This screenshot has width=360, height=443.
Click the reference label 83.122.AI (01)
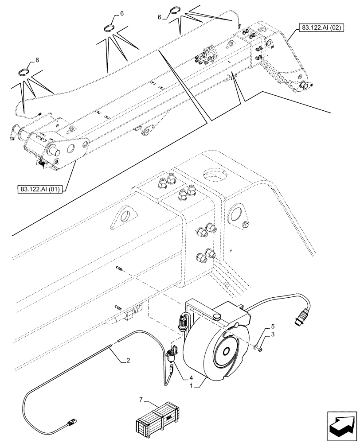click(x=40, y=189)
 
